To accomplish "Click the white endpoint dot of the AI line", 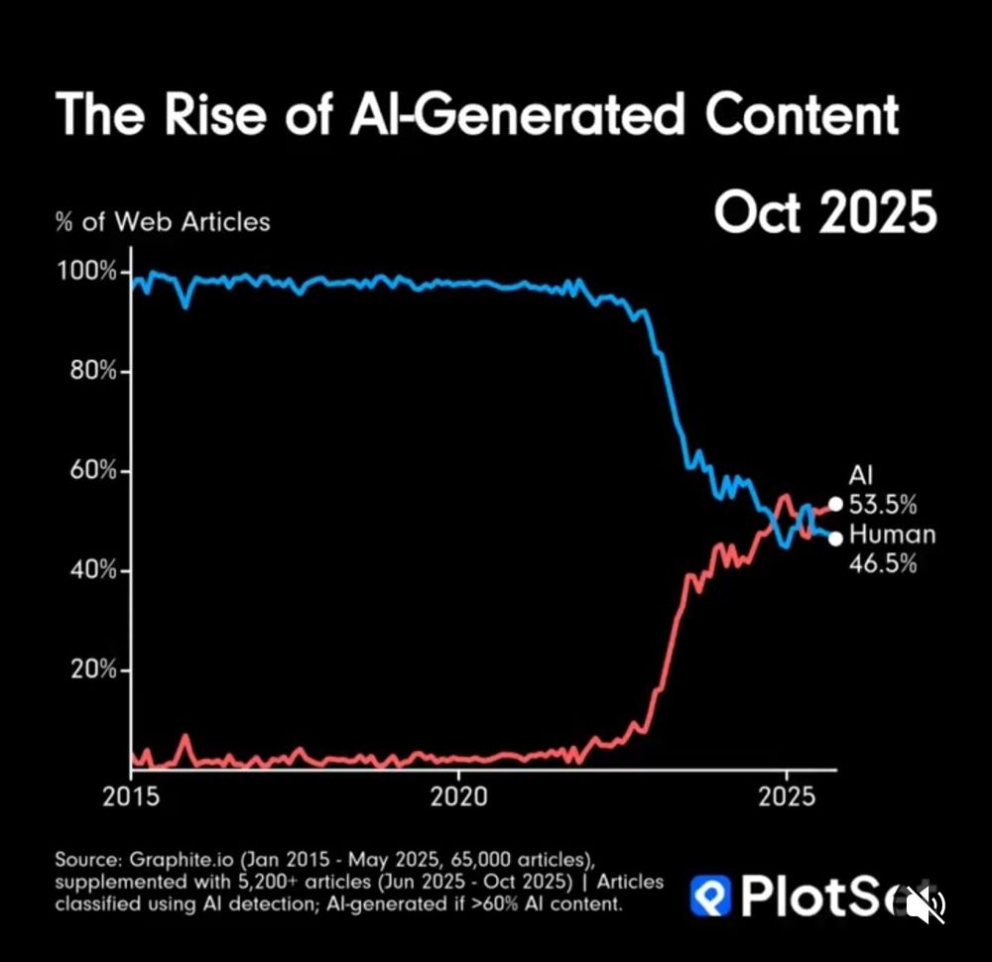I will click(835, 504).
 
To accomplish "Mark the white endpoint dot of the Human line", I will click(835, 538).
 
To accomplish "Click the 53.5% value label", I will click(882, 504).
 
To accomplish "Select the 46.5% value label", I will click(882, 563).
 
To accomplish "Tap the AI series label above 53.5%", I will click(860, 476).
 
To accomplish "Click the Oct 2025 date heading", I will click(824, 212).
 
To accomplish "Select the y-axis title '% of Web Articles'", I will click(163, 221).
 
